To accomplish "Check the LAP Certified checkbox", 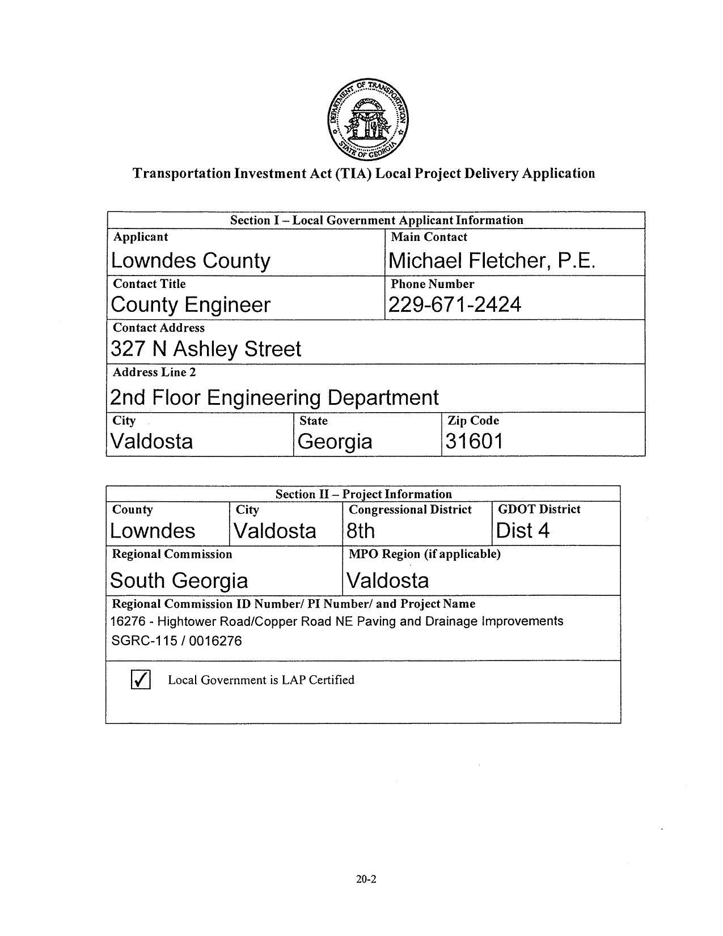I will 141,679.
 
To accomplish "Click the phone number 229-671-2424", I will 454,305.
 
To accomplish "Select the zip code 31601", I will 474,441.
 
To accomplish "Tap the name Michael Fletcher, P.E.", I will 492,261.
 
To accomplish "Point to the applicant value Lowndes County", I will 191,261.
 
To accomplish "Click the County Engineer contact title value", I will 191,305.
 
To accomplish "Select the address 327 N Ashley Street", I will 206,349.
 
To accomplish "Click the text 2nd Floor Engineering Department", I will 274,397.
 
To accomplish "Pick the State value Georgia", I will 335,441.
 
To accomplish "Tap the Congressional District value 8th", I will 361,531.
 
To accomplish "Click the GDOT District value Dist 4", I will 522,531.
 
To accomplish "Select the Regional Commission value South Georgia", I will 179,581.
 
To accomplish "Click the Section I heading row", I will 376,220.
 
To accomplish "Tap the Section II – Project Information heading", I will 363,494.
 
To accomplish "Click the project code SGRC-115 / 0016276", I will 176,641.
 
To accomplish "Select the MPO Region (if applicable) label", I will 424,554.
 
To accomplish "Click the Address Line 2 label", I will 154,372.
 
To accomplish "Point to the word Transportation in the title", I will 181,173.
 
